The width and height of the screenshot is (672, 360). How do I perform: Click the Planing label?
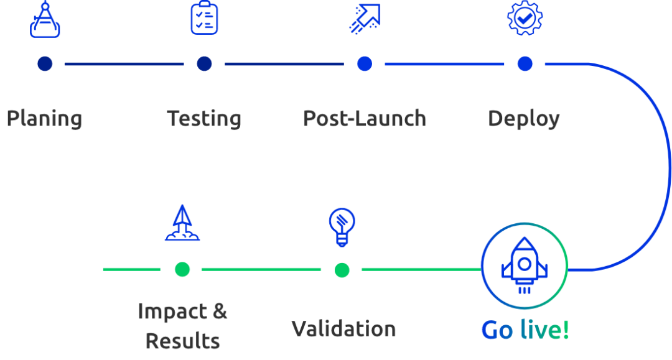click(44, 119)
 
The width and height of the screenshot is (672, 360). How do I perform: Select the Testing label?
click(204, 119)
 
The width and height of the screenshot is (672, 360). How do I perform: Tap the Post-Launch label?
click(365, 119)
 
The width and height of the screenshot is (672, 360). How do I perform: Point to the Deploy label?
click(524, 119)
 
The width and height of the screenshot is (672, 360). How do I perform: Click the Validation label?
click(343, 329)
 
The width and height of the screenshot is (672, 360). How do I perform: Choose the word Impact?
click(172, 311)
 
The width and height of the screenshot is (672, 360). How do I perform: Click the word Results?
click(182, 341)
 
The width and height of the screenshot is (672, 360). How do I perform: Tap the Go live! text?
click(525, 330)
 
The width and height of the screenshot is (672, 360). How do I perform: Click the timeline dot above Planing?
click(45, 63)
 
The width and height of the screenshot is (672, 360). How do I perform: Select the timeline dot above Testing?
click(204, 63)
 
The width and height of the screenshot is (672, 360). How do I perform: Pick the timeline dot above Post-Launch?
click(365, 63)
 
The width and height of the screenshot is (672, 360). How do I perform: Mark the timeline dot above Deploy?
click(525, 63)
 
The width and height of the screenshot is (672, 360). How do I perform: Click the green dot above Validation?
click(342, 270)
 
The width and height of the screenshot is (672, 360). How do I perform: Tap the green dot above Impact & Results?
click(182, 269)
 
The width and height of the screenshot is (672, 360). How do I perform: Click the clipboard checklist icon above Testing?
click(204, 18)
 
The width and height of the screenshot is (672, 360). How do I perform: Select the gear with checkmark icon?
click(525, 18)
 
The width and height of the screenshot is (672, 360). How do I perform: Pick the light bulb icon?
click(342, 226)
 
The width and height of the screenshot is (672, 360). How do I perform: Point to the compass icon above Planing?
click(45, 20)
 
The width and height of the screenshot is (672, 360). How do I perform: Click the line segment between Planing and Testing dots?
click(124, 63)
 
